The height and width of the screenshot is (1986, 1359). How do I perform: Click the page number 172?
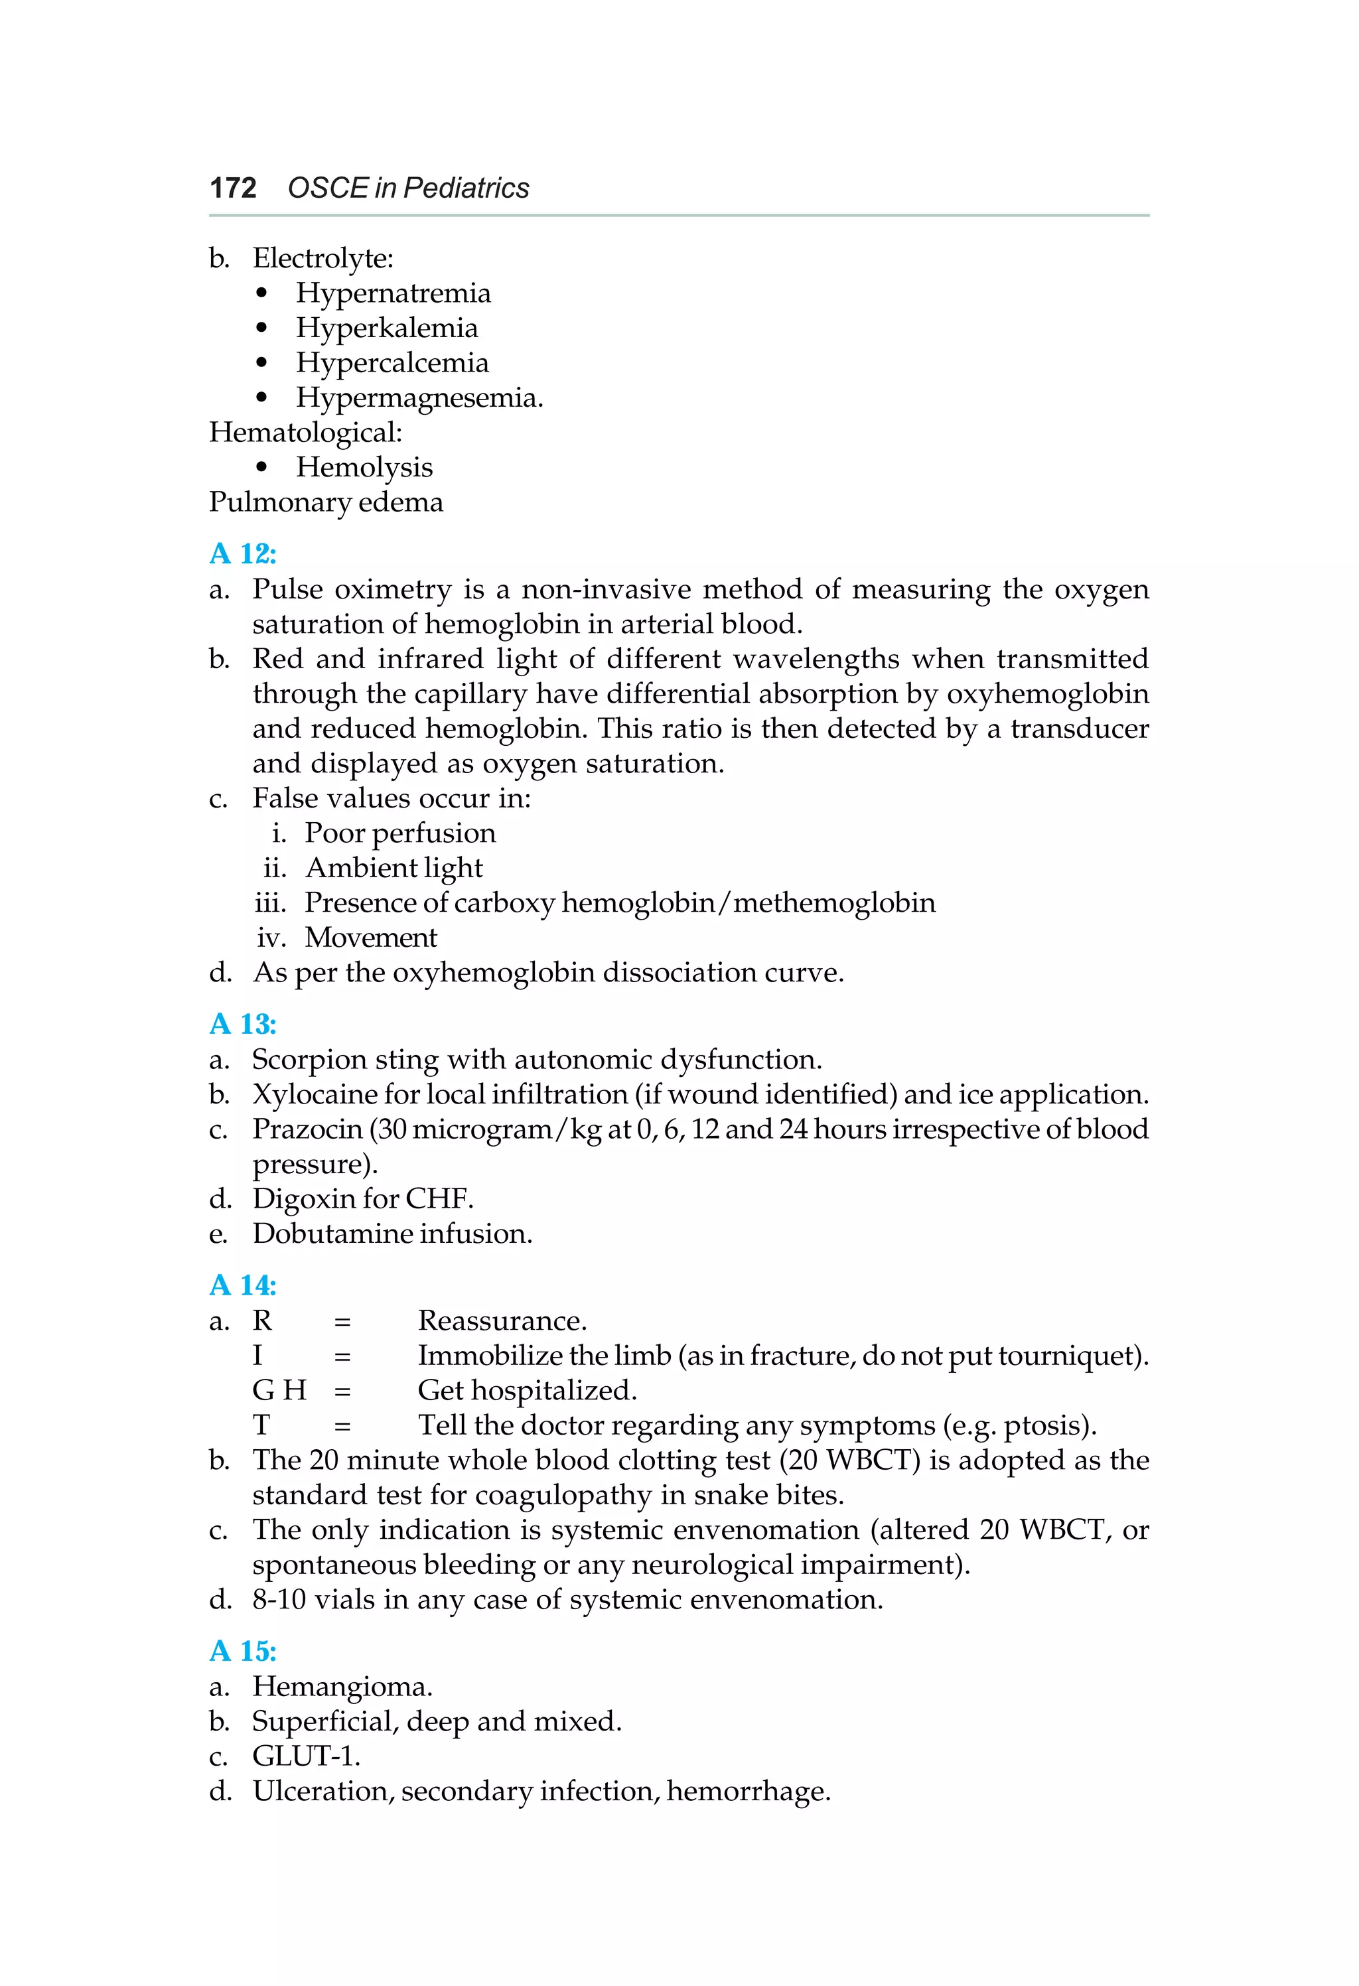pyautogui.click(x=232, y=188)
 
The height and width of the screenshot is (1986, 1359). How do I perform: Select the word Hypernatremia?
pyautogui.click(x=393, y=293)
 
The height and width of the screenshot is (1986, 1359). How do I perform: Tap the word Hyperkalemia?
pyautogui.click(x=386, y=328)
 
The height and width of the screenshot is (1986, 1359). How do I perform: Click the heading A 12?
pyautogui.click(x=243, y=554)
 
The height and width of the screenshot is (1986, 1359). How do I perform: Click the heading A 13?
pyautogui.click(x=243, y=1024)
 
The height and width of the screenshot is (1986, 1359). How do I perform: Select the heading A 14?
pyautogui.click(x=243, y=1285)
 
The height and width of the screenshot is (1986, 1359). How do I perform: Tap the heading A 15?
pyautogui.click(x=243, y=1651)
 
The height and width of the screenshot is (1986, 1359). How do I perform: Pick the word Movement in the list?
pyautogui.click(x=371, y=938)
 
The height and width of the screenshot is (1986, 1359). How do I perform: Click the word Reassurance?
pyautogui.click(x=501, y=1321)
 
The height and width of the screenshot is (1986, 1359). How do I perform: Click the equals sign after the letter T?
pyautogui.click(x=342, y=1426)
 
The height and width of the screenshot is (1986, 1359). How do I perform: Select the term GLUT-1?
pyautogui.click(x=305, y=1757)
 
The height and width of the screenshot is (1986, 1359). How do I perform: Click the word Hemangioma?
pyautogui.click(x=341, y=1687)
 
